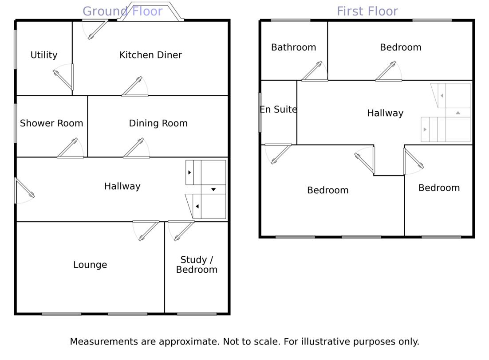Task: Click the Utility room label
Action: (x=44, y=55)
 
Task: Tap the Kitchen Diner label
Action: (x=150, y=55)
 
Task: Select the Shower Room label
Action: (x=51, y=123)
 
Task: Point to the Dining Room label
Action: (x=158, y=123)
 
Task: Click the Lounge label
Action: (x=90, y=265)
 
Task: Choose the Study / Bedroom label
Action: (x=197, y=265)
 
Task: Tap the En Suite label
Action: (x=278, y=110)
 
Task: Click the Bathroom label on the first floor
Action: (x=293, y=47)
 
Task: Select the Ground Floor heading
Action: (x=122, y=11)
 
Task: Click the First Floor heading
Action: (x=367, y=11)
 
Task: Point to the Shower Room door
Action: (x=70, y=149)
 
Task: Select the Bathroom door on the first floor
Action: (x=314, y=72)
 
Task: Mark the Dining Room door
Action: (x=136, y=149)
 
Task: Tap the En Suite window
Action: (x=260, y=112)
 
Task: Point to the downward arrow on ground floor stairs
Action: (x=213, y=189)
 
